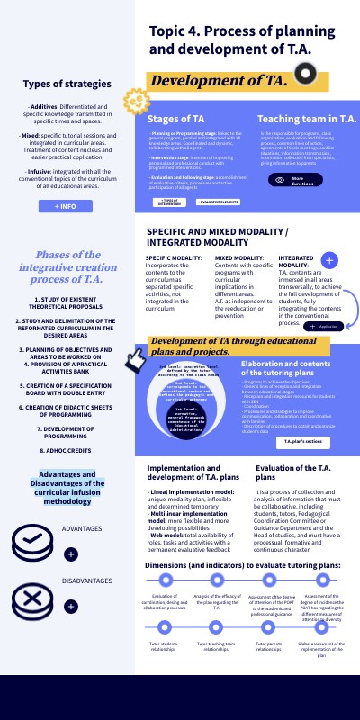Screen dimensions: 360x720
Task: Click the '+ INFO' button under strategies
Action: pos(65,206)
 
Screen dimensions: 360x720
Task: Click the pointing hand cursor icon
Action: pos(135,360)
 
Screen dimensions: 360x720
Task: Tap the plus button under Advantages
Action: pos(71,554)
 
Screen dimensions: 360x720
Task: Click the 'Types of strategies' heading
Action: pos(67,85)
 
